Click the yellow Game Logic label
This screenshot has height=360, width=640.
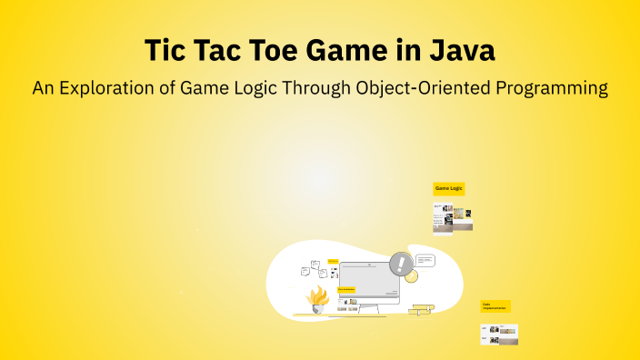coord(449,188)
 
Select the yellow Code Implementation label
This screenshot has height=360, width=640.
coord(495,306)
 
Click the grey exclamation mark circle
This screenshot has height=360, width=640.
coord(401,265)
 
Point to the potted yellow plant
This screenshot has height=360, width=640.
coord(317,299)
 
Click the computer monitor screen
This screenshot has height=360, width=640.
coord(368,283)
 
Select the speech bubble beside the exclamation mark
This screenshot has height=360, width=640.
coord(425,261)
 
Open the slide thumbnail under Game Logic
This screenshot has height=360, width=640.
coord(452,216)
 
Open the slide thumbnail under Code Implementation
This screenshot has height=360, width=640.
coord(498,334)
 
